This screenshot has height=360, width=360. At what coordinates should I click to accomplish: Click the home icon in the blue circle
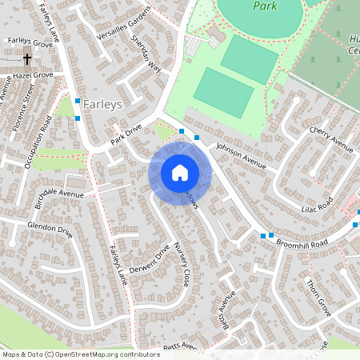pos(180,172)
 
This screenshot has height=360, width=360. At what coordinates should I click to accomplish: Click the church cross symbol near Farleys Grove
pos(27,58)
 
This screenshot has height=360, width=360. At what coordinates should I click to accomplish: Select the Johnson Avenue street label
pos(240,155)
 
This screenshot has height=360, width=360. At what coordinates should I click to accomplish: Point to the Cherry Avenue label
pos(330,138)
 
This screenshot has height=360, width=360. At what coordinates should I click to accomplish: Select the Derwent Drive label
pos(150,258)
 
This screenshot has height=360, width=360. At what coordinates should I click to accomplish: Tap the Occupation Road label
pos(38,142)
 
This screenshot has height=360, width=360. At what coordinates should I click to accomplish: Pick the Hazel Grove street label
pos(32,74)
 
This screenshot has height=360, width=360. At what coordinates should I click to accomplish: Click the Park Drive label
pos(126,133)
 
